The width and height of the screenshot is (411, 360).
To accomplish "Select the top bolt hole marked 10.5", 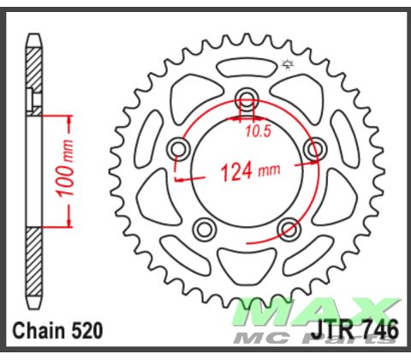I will (247, 96).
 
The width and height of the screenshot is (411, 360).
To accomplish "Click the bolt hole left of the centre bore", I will (179, 149).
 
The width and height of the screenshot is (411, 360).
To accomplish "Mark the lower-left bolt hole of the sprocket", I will (204, 228).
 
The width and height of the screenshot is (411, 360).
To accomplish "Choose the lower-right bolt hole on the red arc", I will (289, 228).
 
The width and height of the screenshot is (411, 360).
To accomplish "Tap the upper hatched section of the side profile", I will (33, 73).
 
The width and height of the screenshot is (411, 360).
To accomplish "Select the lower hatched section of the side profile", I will (33, 266).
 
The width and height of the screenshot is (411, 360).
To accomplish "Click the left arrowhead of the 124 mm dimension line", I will (179, 178).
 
